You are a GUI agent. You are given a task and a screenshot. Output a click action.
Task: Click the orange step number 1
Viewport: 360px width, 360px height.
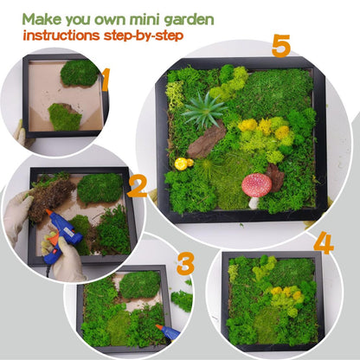pos(106,80)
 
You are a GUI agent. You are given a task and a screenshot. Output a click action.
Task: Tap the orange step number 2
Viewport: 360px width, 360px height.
pos(138,187)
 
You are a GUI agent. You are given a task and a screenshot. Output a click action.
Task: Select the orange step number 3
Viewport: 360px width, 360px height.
pos(185,264)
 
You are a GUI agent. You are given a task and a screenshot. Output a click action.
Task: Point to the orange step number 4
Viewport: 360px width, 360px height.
pos(324,242)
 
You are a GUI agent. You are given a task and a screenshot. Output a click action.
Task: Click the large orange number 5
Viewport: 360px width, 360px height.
pos(280,46)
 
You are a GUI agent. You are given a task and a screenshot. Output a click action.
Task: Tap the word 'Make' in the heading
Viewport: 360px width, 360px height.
pos(42,19)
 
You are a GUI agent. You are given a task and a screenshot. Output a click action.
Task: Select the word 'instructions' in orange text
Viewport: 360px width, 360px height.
pos(61,35)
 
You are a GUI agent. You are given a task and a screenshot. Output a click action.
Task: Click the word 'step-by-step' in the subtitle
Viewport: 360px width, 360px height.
pos(144,36)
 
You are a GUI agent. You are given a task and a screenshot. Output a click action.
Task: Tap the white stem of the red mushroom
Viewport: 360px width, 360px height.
pos(254,203)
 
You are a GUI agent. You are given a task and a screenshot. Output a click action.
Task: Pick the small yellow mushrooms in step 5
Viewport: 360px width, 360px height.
pos(183,164)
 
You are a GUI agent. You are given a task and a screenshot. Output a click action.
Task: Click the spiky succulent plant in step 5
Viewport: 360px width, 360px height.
pos(204,110)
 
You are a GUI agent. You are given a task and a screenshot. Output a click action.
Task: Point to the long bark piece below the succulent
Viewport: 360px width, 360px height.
pos(207,140)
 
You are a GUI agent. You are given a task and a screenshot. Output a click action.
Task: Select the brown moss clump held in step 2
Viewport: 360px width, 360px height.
pos(49,197)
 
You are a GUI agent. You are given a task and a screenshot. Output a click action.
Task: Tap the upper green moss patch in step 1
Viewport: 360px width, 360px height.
pos(80,73)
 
